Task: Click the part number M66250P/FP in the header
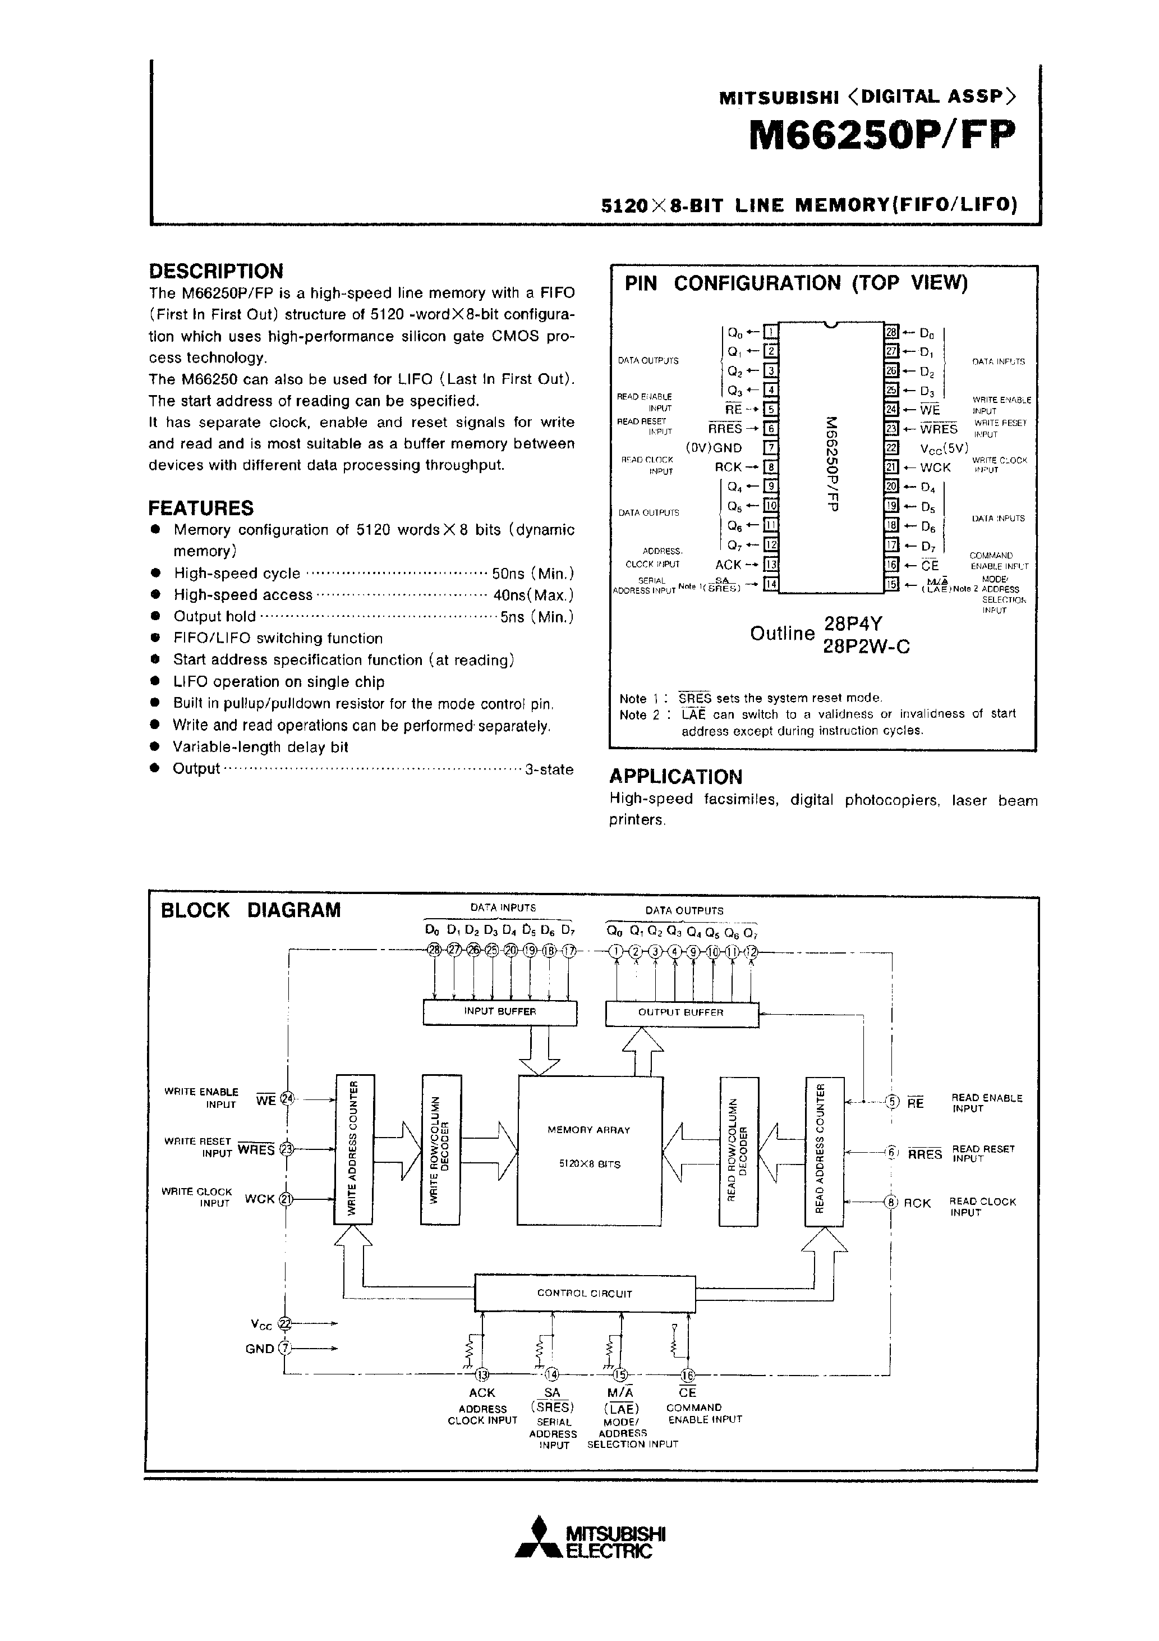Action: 882,135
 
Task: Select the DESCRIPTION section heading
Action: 216,271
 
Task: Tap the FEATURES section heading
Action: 201,508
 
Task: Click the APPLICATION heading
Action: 675,777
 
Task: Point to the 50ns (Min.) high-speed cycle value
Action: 533,574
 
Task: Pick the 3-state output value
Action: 549,770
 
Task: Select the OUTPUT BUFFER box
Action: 681,1013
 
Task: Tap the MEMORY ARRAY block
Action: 589,1147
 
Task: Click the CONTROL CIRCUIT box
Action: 585,1293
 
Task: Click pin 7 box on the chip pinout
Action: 770,448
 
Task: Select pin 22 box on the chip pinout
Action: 891,448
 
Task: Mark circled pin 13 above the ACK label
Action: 482,1374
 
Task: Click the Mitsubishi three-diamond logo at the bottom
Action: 538,1546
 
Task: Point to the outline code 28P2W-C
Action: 867,647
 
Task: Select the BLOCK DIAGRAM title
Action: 251,910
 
